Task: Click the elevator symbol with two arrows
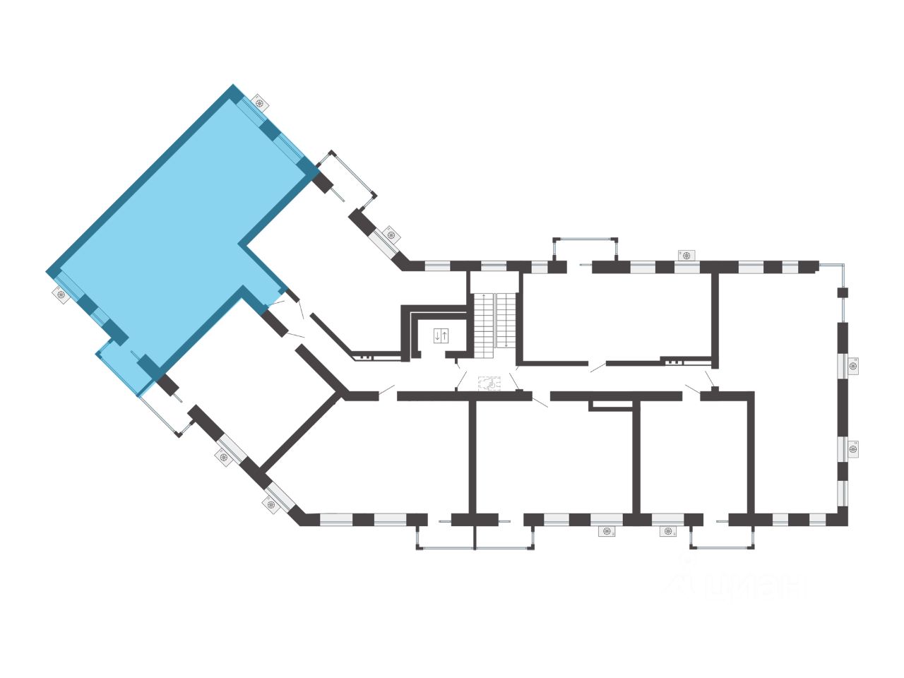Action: [x=441, y=335]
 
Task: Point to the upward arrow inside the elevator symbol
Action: [x=444, y=335]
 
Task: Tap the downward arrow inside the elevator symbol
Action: [x=437, y=335]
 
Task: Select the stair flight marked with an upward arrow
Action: [x=483, y=321]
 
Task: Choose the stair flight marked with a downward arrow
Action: [x=506, y=321]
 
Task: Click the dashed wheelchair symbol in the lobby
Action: [x=488, y=383]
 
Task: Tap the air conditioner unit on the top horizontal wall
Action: [x=686, y=254]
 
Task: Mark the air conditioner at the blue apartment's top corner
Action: [x=261, y=102]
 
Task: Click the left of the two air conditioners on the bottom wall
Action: [x=607, y=531]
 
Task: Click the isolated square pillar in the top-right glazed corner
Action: [x=842, y=292]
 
